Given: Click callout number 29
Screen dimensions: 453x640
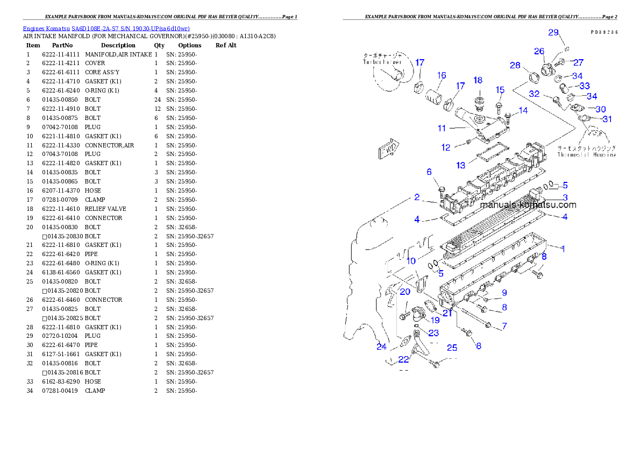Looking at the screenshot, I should [553, 32].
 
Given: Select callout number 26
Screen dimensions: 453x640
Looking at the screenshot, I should [539, 51].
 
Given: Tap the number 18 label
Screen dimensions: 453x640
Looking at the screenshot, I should [478, 80].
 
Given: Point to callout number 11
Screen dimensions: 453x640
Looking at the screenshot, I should [442, 128].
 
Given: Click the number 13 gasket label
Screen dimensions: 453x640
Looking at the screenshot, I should [460, 165].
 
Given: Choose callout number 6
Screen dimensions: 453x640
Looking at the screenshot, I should [429, 172].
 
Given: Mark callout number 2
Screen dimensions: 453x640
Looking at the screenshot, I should [417, 197].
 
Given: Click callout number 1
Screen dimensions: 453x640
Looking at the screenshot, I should [563, 249].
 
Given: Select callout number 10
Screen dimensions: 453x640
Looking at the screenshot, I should [411, 261].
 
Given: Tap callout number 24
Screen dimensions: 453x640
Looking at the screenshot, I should [381, 346].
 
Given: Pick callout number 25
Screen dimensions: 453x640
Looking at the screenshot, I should [452, 348].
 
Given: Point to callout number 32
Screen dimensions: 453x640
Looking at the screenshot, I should [534, 93].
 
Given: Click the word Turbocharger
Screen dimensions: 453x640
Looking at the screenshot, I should [382, 62].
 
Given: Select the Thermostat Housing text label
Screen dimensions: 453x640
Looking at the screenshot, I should [586, 154].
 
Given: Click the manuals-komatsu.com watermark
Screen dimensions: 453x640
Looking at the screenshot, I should [528, 205].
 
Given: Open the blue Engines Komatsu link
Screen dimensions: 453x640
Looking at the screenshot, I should [106, 28].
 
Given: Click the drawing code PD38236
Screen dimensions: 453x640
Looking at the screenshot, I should [603, 32].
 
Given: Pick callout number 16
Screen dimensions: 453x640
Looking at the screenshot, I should [441, 75].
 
